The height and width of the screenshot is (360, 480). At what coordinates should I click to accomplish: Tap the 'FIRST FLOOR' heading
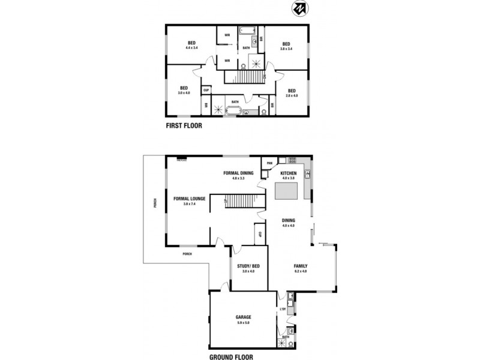[x=184, y=126]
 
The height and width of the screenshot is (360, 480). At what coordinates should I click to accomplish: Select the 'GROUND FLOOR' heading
[x=231, y=356]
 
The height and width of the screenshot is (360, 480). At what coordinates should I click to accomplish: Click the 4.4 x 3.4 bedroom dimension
[x=192, y=47]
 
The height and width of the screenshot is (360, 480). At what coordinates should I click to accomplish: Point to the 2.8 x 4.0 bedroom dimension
[x=292, y=95]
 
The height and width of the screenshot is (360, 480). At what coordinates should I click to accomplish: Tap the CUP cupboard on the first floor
[x=206, y=91]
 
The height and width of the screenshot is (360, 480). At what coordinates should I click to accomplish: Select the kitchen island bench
[x=286, y=191]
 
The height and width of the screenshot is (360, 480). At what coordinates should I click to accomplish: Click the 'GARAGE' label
[x=244, y=317]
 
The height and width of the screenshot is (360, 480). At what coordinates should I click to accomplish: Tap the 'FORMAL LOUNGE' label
[x=190, y=199]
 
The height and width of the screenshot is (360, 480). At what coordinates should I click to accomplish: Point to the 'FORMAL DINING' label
[x=238, y=173]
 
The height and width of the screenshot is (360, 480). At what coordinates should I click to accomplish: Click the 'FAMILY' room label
[x=300, y=266]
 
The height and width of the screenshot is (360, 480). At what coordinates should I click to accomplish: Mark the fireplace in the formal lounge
[x=182, y=160]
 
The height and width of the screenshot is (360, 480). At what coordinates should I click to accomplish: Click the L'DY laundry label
[x=283, y=309]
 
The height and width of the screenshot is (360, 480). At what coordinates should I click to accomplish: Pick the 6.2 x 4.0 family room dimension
[x=300, y=271]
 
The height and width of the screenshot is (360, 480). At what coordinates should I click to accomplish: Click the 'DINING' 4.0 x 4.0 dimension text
[x=288, y=226]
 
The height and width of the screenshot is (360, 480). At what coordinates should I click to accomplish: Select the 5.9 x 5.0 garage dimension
[x=244, y=323]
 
